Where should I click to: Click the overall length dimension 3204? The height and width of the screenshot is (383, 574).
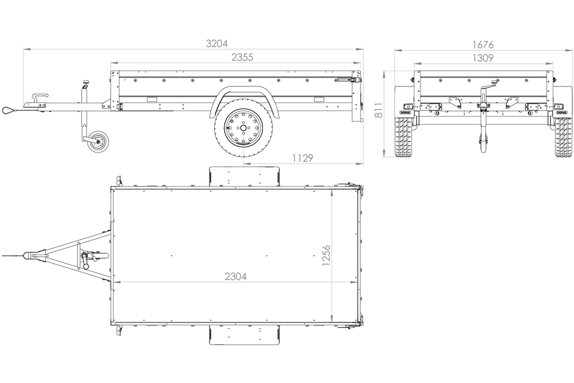[217, 44]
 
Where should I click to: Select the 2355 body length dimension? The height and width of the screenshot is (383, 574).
[242, 58]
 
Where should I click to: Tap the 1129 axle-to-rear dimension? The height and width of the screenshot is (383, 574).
[303, 158]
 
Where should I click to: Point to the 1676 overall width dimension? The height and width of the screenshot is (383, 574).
[483, 45]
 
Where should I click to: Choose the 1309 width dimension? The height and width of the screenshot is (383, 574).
[483, 58]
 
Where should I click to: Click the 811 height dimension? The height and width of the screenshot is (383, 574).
[379, 110]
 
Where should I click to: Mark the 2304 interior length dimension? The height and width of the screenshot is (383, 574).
[235, 276]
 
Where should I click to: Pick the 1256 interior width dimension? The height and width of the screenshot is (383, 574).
[326, 255]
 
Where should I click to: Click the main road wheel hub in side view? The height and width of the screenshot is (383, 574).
[243, 128]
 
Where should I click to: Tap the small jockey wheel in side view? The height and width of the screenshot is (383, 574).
[98, 141]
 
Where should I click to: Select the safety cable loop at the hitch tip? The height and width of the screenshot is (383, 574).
[8, 109]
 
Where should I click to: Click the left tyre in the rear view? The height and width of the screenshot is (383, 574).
[402, 137]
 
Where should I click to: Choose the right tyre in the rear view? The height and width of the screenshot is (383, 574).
[563, 137]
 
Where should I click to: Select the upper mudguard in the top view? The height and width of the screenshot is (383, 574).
[244, 177]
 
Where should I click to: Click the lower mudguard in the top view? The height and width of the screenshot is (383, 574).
[244, 335]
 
